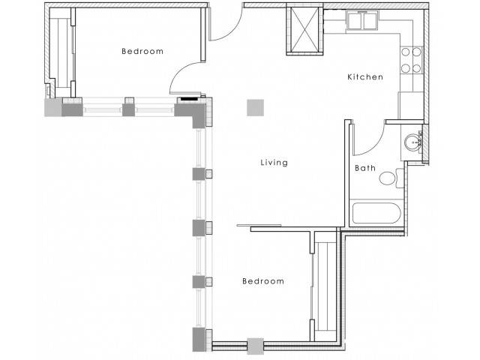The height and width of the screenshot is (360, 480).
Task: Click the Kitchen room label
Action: tap(365, 76)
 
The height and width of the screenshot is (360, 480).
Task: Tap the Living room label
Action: tap(274, 162)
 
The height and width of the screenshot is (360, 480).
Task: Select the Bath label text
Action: tap(365, 168)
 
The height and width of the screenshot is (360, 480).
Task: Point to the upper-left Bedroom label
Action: tap(142, 51)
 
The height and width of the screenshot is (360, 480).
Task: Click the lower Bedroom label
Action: tap(263, 281)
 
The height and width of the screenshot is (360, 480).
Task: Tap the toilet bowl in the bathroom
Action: tap(387, 178)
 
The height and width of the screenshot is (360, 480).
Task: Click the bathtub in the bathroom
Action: tap(376, 213)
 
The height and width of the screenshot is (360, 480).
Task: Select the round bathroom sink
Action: tap(412, 142)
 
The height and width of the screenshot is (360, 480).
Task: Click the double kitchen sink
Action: tap(362, 20)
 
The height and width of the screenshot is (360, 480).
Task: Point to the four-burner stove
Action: tap(411, 60)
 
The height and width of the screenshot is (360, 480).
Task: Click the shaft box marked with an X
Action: tap(305, 29)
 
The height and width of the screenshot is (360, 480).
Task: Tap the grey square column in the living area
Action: tap(255, 108)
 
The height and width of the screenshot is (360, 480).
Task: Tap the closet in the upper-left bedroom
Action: tap(63, 52)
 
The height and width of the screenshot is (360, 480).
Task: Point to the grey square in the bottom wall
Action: tap(256, 346)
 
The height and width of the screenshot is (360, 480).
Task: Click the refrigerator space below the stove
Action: tap(411, 105)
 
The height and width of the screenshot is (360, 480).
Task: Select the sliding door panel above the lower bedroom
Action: tap(259, 226)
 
